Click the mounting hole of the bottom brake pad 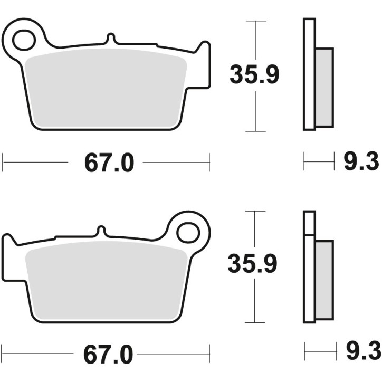click(187, 232)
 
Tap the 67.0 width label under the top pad click(109, 163)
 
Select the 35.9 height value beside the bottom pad click(252, 264)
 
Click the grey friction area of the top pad click(106, 87)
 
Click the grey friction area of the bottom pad click(106, 280)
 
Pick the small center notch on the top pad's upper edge click(110, 39)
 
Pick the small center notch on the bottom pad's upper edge click(100, 231)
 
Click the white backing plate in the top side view click(309, 74)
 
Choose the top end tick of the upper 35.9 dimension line click(256, 21)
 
